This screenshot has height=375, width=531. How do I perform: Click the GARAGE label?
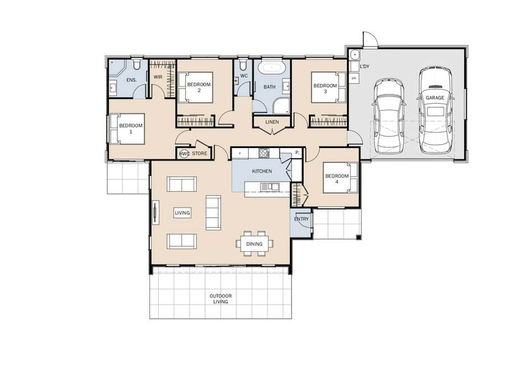coord(435,97)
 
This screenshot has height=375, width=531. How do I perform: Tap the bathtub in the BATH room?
coord(272,68)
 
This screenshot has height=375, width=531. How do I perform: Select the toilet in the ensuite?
coord(137,64)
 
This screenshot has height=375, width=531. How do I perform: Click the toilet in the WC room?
coord(243,64)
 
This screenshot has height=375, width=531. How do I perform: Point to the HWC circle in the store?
coord(184,154)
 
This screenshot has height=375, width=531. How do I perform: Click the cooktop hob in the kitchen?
coord(264,153)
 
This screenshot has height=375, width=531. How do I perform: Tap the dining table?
coord(254,244)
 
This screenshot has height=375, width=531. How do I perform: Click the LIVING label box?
coord(182,213)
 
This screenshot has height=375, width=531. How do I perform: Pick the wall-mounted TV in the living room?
coord(155,212)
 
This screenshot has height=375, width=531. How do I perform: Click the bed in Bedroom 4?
coord(340,177)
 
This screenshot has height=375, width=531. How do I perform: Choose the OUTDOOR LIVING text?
coord(220,299)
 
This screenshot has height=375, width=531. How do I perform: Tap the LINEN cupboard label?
coord(272,122)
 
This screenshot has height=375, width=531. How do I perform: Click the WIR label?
coord(158,77)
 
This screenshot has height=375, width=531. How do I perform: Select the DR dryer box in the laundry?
coord(354,78)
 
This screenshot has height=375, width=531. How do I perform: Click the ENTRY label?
coord(301,219)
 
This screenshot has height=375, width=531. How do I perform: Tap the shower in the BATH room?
coord(281,106)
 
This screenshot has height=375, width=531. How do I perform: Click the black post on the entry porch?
coord(359,237)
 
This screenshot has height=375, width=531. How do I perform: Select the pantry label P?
coord(297,153)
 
